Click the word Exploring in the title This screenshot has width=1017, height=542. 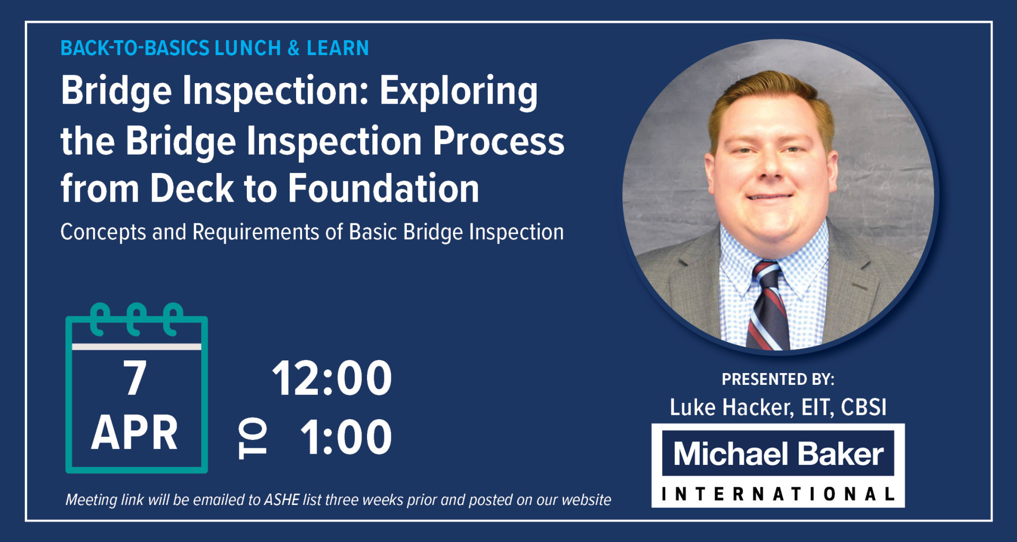tap(459, 92)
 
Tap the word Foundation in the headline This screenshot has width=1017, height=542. tap(383, 188)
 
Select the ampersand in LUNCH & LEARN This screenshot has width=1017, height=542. tap(293, 49)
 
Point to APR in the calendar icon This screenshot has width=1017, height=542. tap(135, 432)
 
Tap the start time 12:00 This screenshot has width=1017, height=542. tap(332, 378)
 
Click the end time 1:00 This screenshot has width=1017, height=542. tap(346, 437)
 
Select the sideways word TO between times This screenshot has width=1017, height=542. tap(253, 438)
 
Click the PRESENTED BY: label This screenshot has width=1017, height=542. tap(778, 380)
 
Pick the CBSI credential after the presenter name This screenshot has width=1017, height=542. tap(863, 408)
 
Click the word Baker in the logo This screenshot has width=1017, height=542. tap(840, 454)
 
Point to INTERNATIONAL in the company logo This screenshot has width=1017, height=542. tap(778, 494)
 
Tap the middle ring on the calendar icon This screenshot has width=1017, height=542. tap(136, 319)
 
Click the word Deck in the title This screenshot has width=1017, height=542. tap(192, 188)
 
